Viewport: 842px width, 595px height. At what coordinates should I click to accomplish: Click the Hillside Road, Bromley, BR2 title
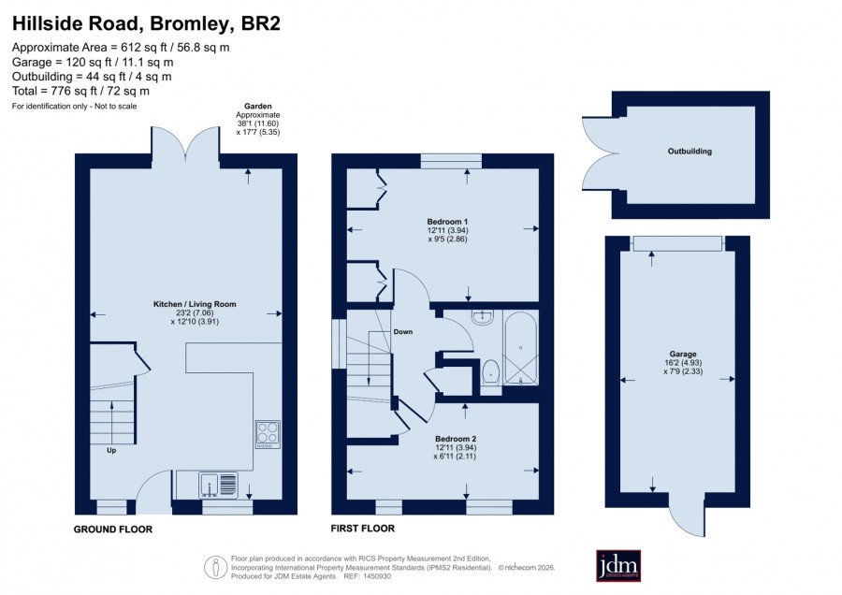(146, 23)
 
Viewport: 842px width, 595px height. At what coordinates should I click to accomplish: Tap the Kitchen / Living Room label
(195, 304)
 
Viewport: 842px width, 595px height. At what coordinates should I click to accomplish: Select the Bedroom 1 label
(447, 221)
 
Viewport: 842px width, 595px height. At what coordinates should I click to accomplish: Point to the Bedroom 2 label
(456, 439)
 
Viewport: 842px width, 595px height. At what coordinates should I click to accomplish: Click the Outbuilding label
(690, 152)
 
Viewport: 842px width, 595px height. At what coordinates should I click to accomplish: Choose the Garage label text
(683, 354)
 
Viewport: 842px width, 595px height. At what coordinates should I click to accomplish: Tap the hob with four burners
(268, 434)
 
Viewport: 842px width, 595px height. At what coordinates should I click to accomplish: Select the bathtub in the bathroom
(520, 347)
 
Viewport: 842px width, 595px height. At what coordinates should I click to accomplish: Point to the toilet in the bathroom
(490, 371)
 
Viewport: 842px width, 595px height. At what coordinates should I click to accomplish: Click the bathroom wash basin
(482, 317)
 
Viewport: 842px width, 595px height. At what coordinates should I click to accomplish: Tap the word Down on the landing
(402, 332)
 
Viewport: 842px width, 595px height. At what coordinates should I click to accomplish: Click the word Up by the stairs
(111, 450)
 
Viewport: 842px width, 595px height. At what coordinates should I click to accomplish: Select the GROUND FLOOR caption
(113, 529)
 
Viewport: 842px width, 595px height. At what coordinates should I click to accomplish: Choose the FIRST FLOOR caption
(362, 529)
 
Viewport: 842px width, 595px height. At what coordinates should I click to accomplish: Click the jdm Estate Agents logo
(618, 565)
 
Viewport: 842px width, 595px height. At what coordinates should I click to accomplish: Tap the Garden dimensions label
(258, 119)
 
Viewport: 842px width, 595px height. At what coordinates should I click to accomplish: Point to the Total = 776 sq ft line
(80, 91)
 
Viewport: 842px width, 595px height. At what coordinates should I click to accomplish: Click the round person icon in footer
(216, 567)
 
